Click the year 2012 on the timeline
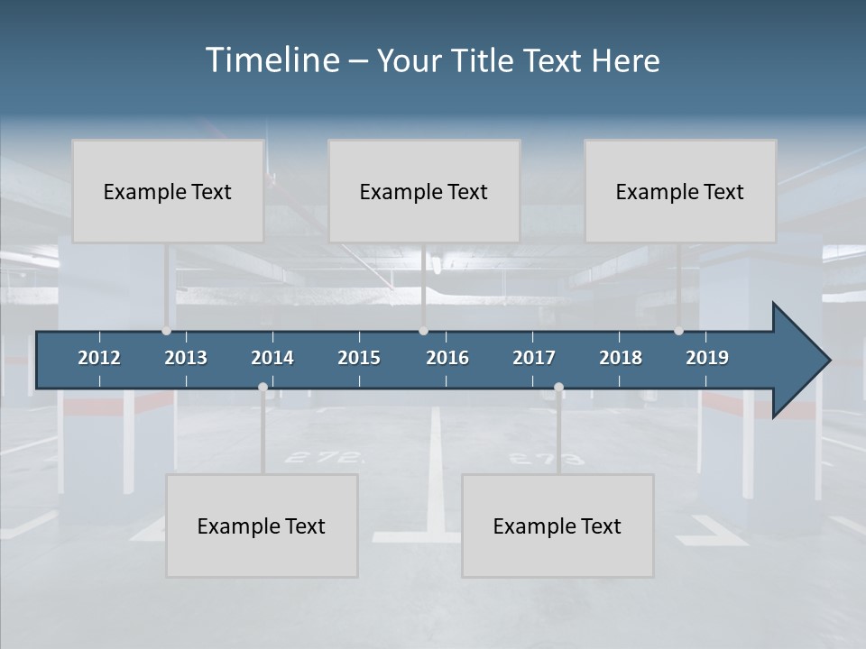pos(99,358)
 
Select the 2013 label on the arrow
pos(186,358)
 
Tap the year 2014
pos(272,358)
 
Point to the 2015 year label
pos(359,358)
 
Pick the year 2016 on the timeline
pos(447,358)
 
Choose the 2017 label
pos(534,358)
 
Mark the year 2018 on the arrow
pos(621,358)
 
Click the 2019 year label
pos(707,358)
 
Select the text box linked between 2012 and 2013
pos(168,191)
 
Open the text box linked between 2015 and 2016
pos(424,191)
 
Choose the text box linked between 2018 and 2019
pos(680,191)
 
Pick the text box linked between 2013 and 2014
pos(262,526)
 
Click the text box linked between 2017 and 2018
pos(557,526)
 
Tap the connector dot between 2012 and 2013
pos(166,331)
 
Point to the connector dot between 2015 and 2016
pos(423,331)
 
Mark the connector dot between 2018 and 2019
pos(678,331)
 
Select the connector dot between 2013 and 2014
pos(263,388)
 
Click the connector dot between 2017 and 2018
pos(558,388)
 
